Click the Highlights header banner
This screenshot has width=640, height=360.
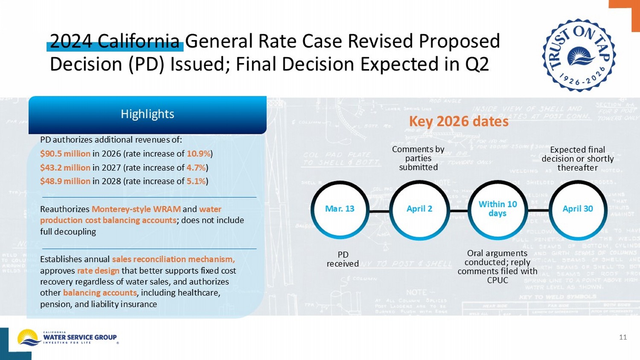147,114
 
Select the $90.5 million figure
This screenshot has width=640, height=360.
65,154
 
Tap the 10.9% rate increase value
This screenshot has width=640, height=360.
198,154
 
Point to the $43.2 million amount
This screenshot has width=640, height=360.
65,168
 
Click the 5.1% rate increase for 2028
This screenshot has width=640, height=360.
196,181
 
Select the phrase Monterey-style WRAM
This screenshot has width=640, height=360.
136,209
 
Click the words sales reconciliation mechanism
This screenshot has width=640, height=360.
173,259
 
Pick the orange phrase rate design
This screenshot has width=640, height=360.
98,271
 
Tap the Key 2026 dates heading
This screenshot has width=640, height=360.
459,122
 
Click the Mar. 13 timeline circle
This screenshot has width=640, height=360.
340,209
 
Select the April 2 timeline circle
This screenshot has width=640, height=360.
419,209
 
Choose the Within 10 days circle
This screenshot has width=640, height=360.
497,209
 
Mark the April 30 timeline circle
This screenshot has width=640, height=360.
578,209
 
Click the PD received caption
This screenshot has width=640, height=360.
343,259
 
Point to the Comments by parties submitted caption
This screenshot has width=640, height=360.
418,158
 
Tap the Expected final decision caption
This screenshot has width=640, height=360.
578,159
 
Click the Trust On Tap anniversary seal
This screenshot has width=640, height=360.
579,55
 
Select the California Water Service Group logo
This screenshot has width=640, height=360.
67,337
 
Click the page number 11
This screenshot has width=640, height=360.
623,337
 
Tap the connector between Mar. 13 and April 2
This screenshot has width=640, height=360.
379,211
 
